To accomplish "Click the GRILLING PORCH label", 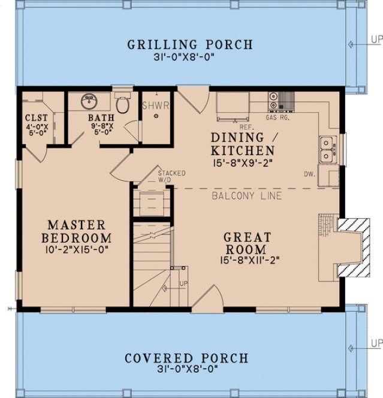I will [189, 45].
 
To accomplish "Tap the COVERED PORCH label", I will [186, 358].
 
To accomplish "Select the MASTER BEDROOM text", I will [76, 231].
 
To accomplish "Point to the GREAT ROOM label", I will [248, 243].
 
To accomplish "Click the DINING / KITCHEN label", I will [243, 144].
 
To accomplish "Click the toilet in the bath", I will [122, 104].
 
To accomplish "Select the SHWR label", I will [156, 105].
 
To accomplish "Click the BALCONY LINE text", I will [247, 196].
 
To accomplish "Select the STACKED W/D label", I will [171, 176].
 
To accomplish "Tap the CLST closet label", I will [33, 117].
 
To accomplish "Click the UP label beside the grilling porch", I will [376, 40].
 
